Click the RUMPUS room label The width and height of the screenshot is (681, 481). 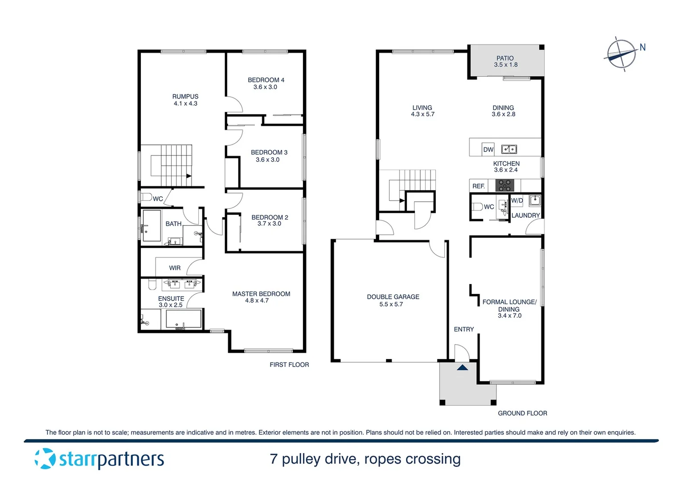point(185,97)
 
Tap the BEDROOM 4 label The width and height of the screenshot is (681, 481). point(266,80)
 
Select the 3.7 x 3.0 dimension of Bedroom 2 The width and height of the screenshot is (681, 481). point(269,224)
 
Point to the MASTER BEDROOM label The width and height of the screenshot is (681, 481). point(261,294)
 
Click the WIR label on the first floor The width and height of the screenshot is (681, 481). point(175,268)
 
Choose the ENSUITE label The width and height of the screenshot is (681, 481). point(171,298)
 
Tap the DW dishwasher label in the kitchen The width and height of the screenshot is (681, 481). point(488,150)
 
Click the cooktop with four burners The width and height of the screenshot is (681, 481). point(505,185)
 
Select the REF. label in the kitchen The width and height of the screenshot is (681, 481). point(479,186)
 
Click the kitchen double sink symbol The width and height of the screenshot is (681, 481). point(509,149)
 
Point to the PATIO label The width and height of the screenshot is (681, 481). point(505,58)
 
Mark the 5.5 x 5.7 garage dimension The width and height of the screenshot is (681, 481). point(391,304)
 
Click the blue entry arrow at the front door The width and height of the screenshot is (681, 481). point(462,367)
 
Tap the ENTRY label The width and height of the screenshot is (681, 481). point(464,329)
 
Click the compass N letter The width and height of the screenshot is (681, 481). point(642,47)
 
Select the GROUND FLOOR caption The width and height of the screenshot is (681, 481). point(522,413)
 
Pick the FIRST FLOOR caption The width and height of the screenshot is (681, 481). point(289,365)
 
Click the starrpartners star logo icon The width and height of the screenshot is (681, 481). point(45,459)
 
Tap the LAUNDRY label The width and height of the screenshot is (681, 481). point(525,216)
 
